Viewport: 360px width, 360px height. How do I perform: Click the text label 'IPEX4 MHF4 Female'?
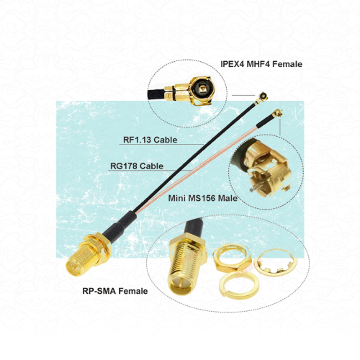point(261,64)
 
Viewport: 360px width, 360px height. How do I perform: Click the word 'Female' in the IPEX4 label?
point(286,64)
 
